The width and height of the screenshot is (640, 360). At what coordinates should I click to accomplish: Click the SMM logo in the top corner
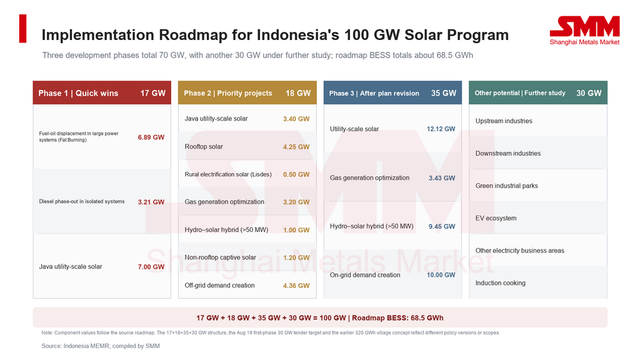point(584,30)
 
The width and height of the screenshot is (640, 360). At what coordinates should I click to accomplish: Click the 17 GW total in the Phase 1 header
point(153,93)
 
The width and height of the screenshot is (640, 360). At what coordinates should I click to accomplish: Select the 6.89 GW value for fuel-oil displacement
point(151,137)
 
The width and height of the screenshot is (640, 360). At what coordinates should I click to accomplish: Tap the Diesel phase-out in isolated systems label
point(82,202)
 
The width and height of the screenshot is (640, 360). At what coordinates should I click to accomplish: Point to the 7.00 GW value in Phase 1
point(151,267)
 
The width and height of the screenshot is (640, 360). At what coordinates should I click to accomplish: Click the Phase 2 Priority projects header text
point(227,93)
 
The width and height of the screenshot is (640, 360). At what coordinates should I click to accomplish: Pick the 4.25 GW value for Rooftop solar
point(296,147)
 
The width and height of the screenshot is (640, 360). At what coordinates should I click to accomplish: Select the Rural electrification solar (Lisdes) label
point(227,174)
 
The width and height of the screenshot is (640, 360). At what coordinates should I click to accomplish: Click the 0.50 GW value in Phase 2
point(296,175)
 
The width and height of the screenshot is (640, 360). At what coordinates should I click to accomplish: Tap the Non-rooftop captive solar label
point(221,257)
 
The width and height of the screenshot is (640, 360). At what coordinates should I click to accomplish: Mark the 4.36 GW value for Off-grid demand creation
point(296,286)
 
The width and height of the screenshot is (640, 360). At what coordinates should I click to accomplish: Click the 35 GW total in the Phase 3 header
point(444,93)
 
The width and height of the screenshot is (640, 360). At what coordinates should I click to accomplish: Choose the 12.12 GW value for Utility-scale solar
point(441,129)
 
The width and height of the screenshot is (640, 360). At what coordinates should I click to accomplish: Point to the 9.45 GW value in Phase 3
point(442,226)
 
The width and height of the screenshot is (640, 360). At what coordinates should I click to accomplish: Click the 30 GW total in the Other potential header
point(589,93)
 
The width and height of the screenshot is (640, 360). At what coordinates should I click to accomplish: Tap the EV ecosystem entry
point(496,218)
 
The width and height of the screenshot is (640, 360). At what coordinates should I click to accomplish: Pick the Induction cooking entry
point(501,283)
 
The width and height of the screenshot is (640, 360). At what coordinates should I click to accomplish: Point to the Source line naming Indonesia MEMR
point(101,346)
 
